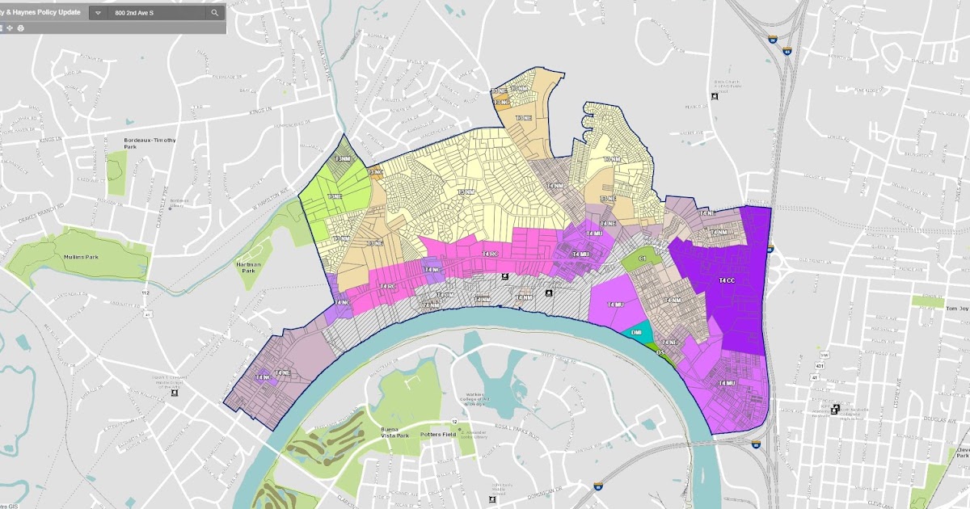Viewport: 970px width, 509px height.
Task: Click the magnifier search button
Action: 214,13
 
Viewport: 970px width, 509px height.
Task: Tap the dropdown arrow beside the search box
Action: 98,13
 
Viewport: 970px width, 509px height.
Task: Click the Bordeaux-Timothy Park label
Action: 150,143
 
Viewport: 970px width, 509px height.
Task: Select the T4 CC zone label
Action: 727,280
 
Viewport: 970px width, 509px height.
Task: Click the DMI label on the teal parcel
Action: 637,332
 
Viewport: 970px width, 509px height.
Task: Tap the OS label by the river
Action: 660,352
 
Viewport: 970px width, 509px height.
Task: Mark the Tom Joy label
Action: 956,309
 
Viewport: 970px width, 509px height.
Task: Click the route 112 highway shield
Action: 145,292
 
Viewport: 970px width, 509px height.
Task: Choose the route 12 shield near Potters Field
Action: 455,423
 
